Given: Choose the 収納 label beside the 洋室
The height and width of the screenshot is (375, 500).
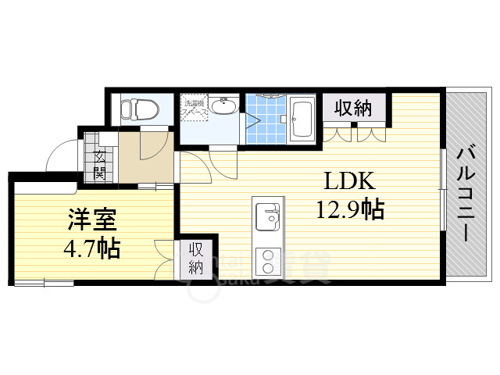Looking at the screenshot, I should click(195, 259).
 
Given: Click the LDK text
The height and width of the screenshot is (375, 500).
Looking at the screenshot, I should click(350, 182).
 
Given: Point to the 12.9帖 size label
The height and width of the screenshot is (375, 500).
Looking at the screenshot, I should click(349, 209).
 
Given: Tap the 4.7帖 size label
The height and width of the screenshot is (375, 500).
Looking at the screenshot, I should click(91, 248).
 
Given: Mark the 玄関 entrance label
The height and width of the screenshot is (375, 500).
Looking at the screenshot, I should click(100, 164).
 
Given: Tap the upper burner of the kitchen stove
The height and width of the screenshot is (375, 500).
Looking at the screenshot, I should click(268, 255).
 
